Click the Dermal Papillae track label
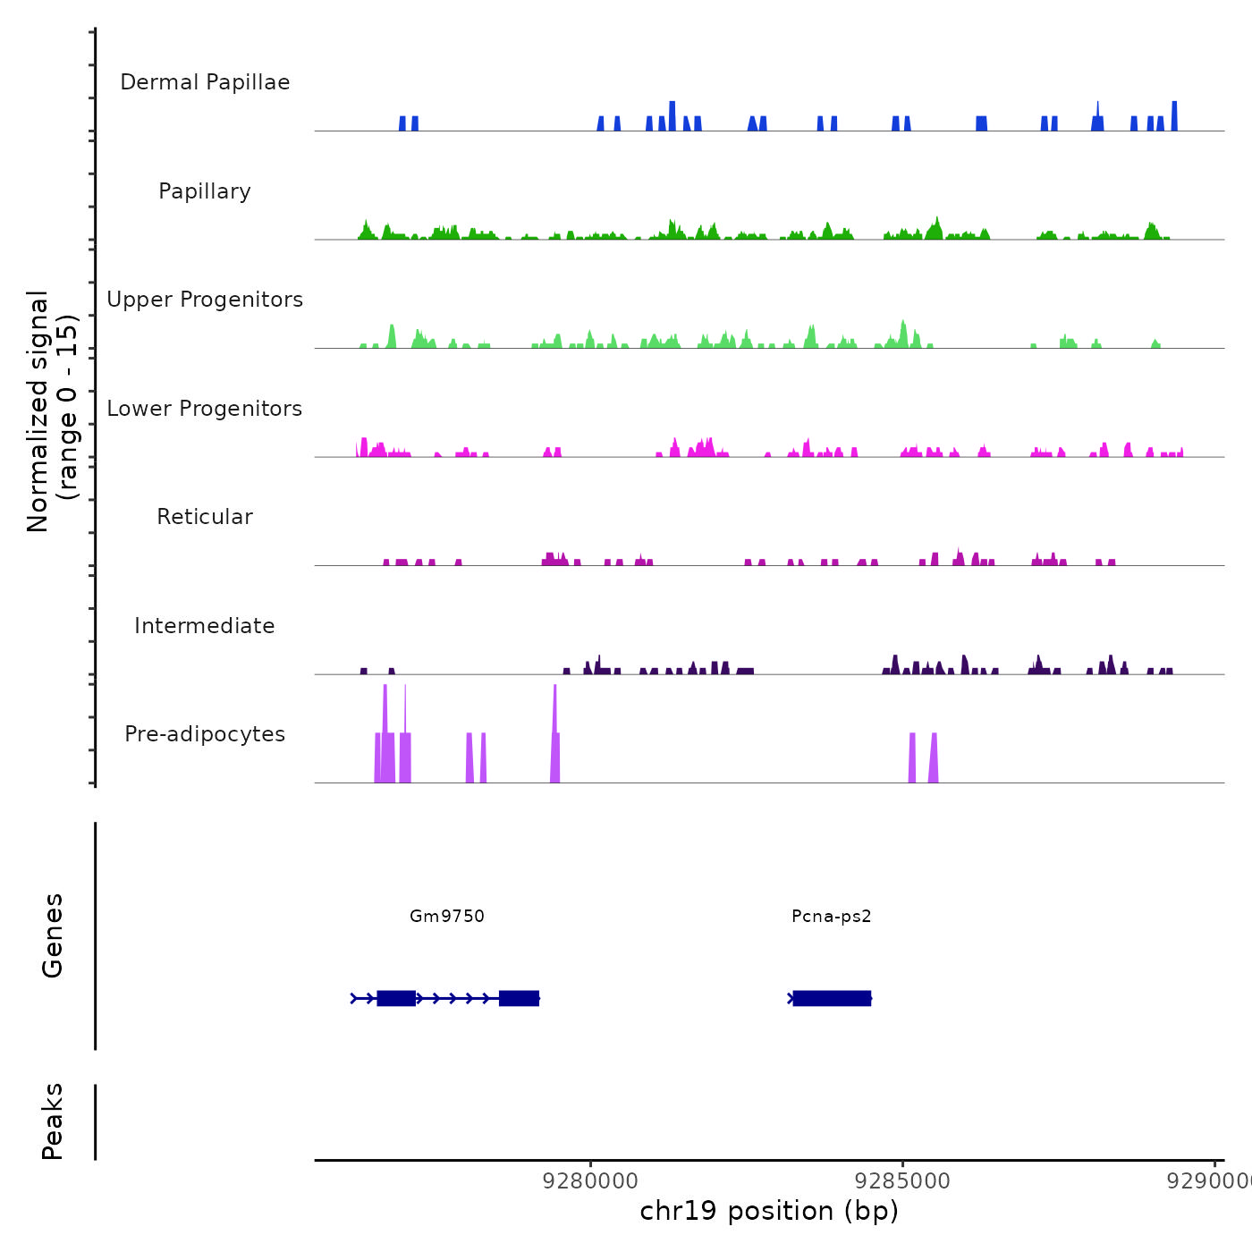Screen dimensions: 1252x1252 click(x=205, y=82)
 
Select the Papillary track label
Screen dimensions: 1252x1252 click(x=205, y=191)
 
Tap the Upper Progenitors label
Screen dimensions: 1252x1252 click(x=205, y=300)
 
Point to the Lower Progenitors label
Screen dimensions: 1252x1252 click(x=205, y=409)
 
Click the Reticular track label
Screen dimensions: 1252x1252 click(x=205, y=517)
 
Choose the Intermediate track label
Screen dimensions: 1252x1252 click(x=205, y=626)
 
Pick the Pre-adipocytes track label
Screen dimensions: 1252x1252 click(x=205, y=734)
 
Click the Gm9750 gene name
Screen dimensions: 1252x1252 click(x=447, y=916)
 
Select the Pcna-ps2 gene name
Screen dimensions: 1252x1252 click(x=832, y=916)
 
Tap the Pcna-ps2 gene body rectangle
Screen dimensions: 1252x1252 click(x=832, y=998)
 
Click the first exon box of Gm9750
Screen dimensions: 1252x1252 click(x=396, y=998)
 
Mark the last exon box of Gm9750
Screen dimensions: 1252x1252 click(x=519, y=998)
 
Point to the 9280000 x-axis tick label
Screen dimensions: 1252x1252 click(x=591, y=1181)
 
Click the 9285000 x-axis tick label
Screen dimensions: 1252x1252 click(x=902, y=1181)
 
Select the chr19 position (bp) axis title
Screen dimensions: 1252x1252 click(x=769, y=1211)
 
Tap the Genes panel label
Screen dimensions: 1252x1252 click(x=53, y=935)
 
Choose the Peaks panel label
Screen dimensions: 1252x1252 click(x=53, y=1121)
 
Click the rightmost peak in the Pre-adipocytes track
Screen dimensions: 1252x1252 click(x=934, y=760)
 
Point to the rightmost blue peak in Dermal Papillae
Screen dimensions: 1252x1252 click(x=1174, y=117)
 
